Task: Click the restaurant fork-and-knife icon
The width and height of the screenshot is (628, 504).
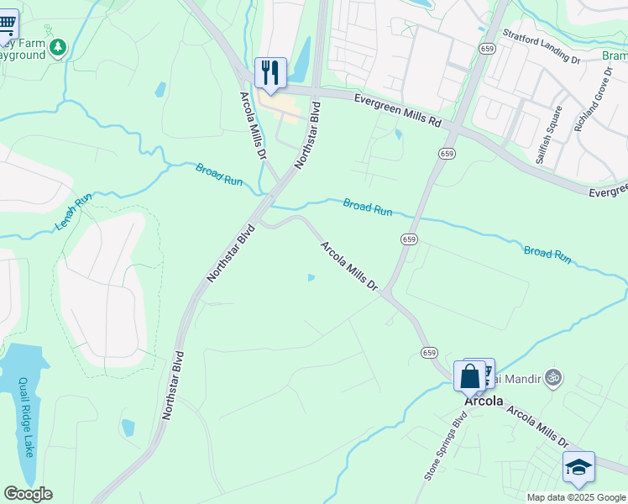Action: click(270, 71)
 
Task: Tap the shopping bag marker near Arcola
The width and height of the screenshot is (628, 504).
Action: click(470, 375)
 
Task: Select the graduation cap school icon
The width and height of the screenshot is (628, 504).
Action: click(578, 466)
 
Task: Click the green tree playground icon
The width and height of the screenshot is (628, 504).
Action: click(58, 48)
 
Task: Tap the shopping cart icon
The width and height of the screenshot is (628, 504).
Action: click(7, 23)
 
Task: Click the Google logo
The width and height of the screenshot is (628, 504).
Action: click(28, 494)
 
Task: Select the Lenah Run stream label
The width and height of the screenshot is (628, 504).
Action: click(73, 213)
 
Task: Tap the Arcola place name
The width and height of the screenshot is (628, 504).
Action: click(484, 401)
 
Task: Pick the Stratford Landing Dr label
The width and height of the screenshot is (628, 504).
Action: click(542, 48)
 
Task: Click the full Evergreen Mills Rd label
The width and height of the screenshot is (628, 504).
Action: click(397, 110)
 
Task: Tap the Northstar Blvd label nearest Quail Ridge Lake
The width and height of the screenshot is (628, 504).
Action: click(173, 385)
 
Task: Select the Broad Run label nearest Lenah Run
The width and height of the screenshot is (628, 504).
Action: click(220, 174)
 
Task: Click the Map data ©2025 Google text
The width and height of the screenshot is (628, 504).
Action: click(575, 496)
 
